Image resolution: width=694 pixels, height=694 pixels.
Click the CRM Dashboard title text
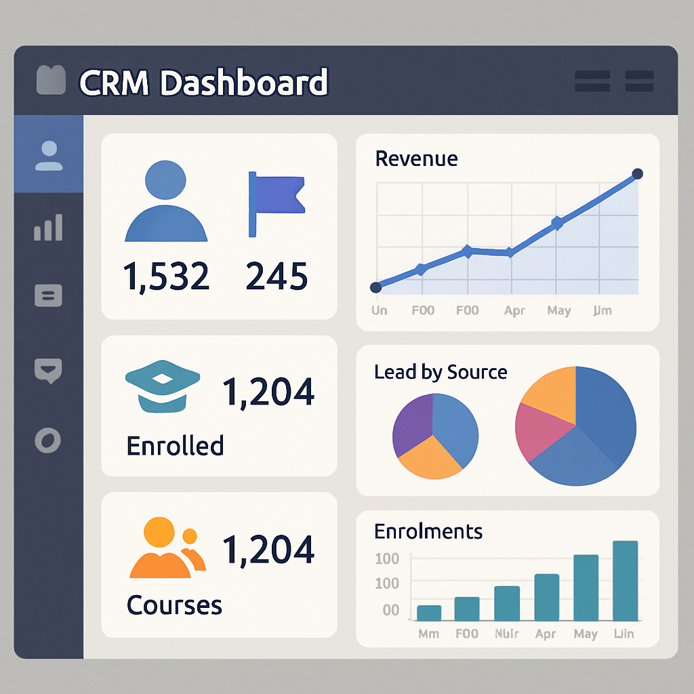tap(203, 83)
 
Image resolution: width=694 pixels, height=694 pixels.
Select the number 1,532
tap(166, 277)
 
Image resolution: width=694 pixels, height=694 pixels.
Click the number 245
tap(277, 277)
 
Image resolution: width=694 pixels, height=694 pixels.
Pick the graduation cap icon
tap(163, 390)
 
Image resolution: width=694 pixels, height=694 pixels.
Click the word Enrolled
tap(175, 446)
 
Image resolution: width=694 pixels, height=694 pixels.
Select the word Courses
tap(174, 605)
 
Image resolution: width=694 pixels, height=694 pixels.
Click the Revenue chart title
tap(416, 159)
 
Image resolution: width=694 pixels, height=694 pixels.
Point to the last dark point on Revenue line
tap(637, 174)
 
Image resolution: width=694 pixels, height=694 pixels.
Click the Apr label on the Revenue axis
tap(514, 311)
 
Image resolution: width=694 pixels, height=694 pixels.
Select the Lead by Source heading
tap(441, 372)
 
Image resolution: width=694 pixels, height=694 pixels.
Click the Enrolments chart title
tap(428, 531)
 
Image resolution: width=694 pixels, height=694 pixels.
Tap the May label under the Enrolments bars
tap(586, 634)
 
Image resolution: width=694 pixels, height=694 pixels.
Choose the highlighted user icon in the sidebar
tap(48, 155)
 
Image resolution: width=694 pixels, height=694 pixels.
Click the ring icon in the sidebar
tap(48, 441)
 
